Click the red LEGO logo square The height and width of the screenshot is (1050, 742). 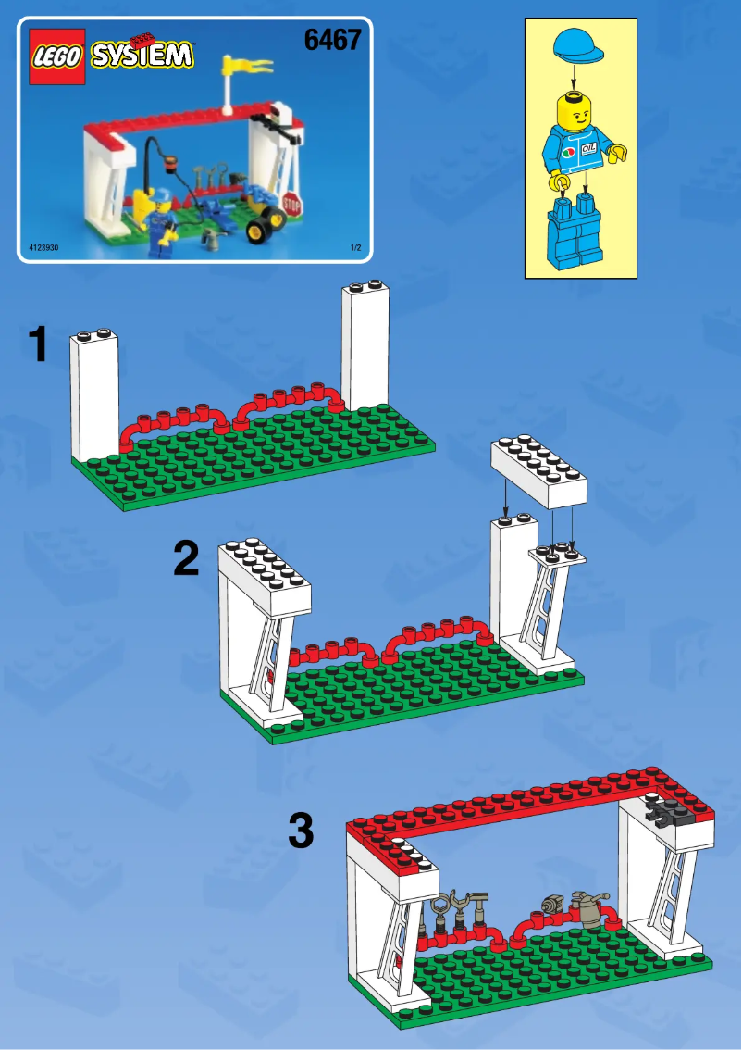pyautogui.click(x=58, y=56)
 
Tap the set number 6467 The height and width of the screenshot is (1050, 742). pyautogui.click(x=331, y=41)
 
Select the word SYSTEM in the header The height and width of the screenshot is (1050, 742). pyautogui.click(x=142, y=55)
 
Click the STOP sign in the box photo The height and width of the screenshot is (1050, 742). pyautogui.click(x=292, y=204)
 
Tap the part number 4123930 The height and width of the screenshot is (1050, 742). pyautogui.click(x=43, y=248)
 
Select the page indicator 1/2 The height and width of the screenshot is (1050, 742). pyautogui.click(x=354, y=248)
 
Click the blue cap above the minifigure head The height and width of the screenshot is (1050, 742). pyautogui.click(x=579, y=45)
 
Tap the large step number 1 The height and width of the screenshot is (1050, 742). pyautogui.click(x=38, y=346)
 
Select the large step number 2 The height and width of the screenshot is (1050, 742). pyautogui.click(x=186, y=559)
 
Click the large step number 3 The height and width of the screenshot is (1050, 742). pyautogui.click(x=301, y=831)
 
